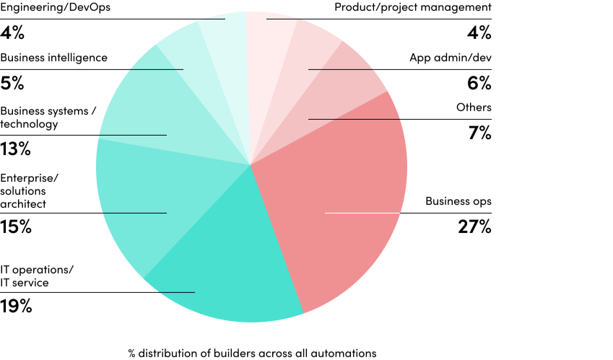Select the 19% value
16,306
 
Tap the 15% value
15,227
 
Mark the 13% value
15,149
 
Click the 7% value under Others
479,133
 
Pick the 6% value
479,83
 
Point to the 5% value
12,83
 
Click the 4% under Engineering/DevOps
12,33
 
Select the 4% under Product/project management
479,33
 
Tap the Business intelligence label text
53,58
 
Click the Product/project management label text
412,7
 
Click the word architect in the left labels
23,204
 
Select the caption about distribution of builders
252,353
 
